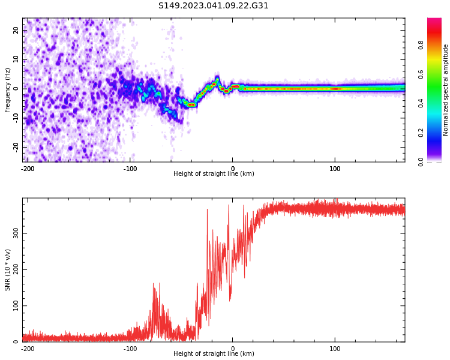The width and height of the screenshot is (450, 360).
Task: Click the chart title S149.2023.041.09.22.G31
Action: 213,6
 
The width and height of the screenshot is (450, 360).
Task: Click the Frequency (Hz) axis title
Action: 8,90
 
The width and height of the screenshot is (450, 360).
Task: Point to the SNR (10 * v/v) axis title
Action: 8,270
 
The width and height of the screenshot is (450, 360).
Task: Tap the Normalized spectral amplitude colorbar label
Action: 446,90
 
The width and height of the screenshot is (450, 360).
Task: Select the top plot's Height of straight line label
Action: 214,173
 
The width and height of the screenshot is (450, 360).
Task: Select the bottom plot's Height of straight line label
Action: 214,353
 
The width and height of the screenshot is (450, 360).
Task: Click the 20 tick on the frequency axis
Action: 16,29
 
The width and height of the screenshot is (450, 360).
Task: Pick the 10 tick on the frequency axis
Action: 16,59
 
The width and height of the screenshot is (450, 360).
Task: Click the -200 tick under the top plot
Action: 28,169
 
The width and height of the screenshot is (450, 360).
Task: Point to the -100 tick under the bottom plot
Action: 130,349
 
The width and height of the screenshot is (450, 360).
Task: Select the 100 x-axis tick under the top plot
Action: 335,169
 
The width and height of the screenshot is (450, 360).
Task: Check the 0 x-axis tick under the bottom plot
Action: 233,349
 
